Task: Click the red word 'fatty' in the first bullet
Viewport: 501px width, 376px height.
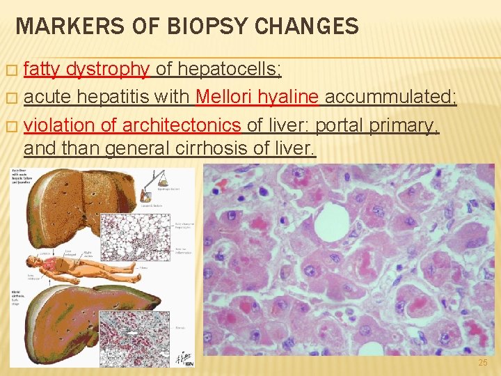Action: (x=42, y=69)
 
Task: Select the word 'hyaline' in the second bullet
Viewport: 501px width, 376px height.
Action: (x=291, y=98)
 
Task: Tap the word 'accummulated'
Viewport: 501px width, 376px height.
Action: (x=390, y=98)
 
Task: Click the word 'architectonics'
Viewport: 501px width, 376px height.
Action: (x=182, y=127)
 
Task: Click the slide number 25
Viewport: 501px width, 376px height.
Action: (x=484, y=363)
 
